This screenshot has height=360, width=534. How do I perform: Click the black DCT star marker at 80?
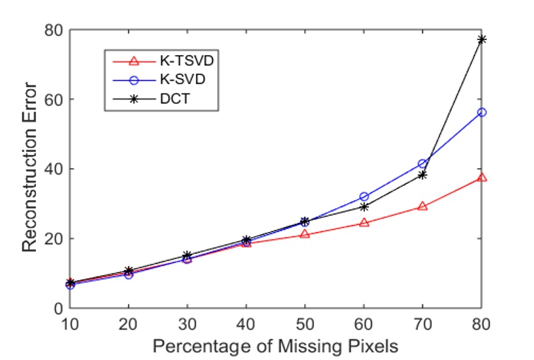(482, 40)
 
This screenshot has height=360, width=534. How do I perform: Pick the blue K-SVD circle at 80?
(482, 112)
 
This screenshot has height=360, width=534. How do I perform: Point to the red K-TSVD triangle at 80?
(482, 178)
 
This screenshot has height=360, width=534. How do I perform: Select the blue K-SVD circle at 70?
(422, 164)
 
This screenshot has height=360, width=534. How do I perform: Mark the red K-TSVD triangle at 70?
(422, 207)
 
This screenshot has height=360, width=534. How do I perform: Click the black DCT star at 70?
(422, 175)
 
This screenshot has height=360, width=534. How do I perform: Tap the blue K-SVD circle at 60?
(364, 197)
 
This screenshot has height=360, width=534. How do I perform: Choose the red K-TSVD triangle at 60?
(364, 223)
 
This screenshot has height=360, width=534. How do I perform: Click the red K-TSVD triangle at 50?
(305, 234)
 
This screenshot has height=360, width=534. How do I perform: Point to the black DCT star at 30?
(187, 255)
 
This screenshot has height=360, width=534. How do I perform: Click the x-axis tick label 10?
(69, 323)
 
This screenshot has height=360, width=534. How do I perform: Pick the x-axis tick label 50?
(305, 323)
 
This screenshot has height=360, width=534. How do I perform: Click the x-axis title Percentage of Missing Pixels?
(275, 346)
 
